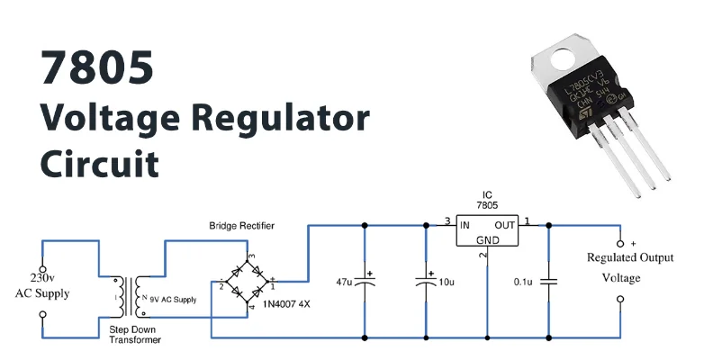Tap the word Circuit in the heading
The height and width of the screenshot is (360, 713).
(x=99, y=164)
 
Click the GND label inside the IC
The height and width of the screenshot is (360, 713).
(x=487, y=240)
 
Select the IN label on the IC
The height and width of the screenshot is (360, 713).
(x=465, y=224)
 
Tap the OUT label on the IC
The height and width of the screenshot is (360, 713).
(x=506, y=224)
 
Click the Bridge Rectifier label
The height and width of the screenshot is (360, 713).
(x=242, y=224)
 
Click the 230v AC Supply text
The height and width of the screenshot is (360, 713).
(x=41, y=286)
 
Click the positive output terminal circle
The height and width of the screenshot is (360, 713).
(x=619, y=244)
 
